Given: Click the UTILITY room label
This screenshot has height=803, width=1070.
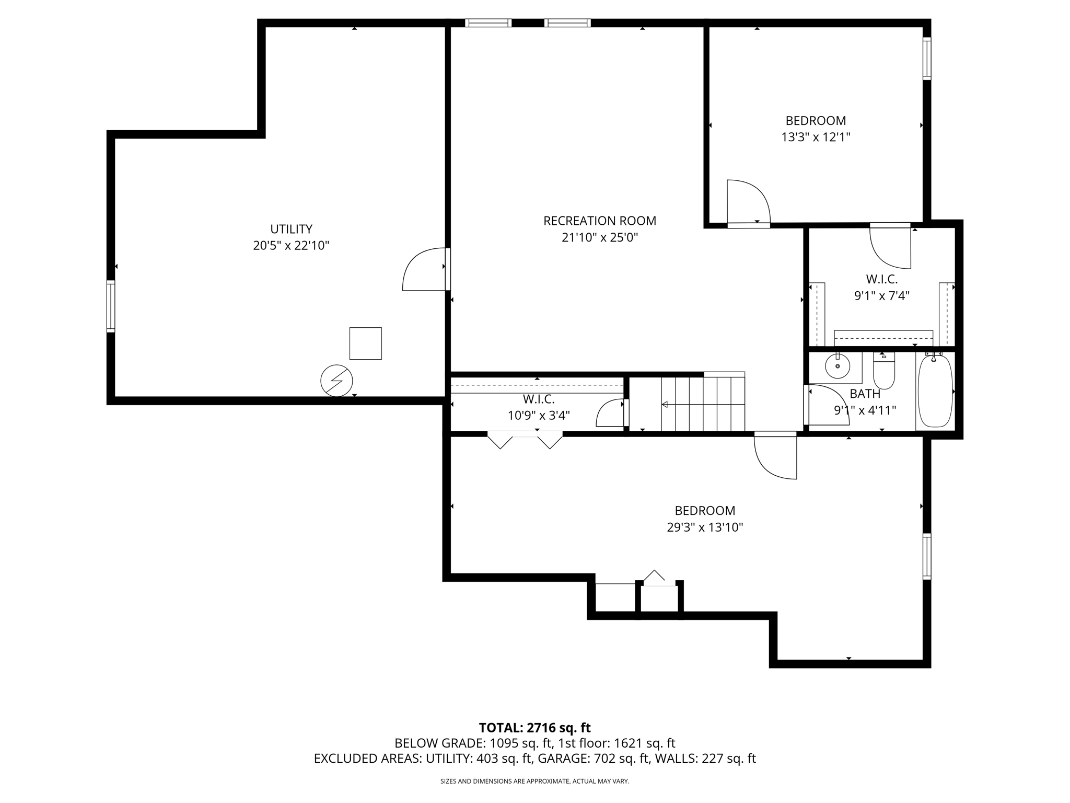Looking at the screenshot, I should (x=291, y=229).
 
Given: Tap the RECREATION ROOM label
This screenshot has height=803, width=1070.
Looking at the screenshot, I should (x=599, y=221).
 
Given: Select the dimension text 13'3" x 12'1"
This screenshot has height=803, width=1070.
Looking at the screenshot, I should (x=816, y=137).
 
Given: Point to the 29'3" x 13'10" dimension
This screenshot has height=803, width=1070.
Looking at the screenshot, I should (x=705, y=527).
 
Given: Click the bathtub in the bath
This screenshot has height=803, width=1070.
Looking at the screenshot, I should (x=935, y=391).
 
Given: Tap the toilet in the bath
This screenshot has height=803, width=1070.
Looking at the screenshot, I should (x=884, y=372).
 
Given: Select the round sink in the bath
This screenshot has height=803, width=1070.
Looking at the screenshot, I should (x=838, y=366).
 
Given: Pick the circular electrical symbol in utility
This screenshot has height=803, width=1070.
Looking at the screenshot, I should (x=336, y=380).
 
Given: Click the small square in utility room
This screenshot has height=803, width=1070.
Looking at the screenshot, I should (x=365, y=343).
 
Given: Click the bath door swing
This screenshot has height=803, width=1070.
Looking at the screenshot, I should (x=827, y=405).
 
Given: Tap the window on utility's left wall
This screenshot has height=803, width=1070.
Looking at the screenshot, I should (x=111, y=306).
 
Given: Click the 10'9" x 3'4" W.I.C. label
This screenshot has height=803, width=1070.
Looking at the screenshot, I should (x=539, y=399).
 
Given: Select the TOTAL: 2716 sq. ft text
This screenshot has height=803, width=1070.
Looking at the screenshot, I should (x=534, y=727).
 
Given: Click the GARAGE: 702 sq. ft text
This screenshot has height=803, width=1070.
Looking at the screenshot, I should (x=594, y=759).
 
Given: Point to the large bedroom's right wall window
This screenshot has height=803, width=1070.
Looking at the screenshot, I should (x=926, y=556).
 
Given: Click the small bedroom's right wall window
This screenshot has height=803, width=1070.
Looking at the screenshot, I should (x=926, y=58).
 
